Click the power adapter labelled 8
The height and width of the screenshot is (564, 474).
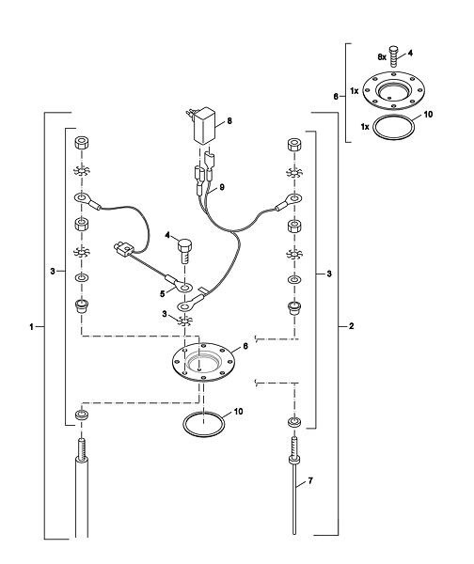(202, 126)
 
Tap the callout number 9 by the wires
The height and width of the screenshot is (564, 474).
(222, 187)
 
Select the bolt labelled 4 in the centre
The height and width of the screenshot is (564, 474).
(184, 251)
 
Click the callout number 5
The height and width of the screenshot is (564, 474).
(163, 294)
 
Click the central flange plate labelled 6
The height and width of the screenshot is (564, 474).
(203, 361)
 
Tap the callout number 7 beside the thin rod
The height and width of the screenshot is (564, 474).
(310, 481)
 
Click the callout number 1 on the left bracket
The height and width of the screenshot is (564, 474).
(31, 326)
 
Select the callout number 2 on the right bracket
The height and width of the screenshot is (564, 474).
(352, 326)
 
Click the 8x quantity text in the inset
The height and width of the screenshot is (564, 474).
(382, 56)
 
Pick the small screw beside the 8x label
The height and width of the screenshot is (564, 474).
(394, 56)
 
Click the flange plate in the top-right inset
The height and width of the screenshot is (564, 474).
(393, 90)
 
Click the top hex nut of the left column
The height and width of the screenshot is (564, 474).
(82, 143)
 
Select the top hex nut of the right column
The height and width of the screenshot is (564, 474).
(294, 145)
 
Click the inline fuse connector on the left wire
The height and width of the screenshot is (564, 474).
(124, 249)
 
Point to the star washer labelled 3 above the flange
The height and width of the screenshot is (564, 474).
(184, 321)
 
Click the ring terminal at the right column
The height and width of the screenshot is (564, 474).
(289, 202)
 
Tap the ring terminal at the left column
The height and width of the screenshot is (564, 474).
(87, 201)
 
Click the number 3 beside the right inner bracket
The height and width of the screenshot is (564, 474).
(329, 274)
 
